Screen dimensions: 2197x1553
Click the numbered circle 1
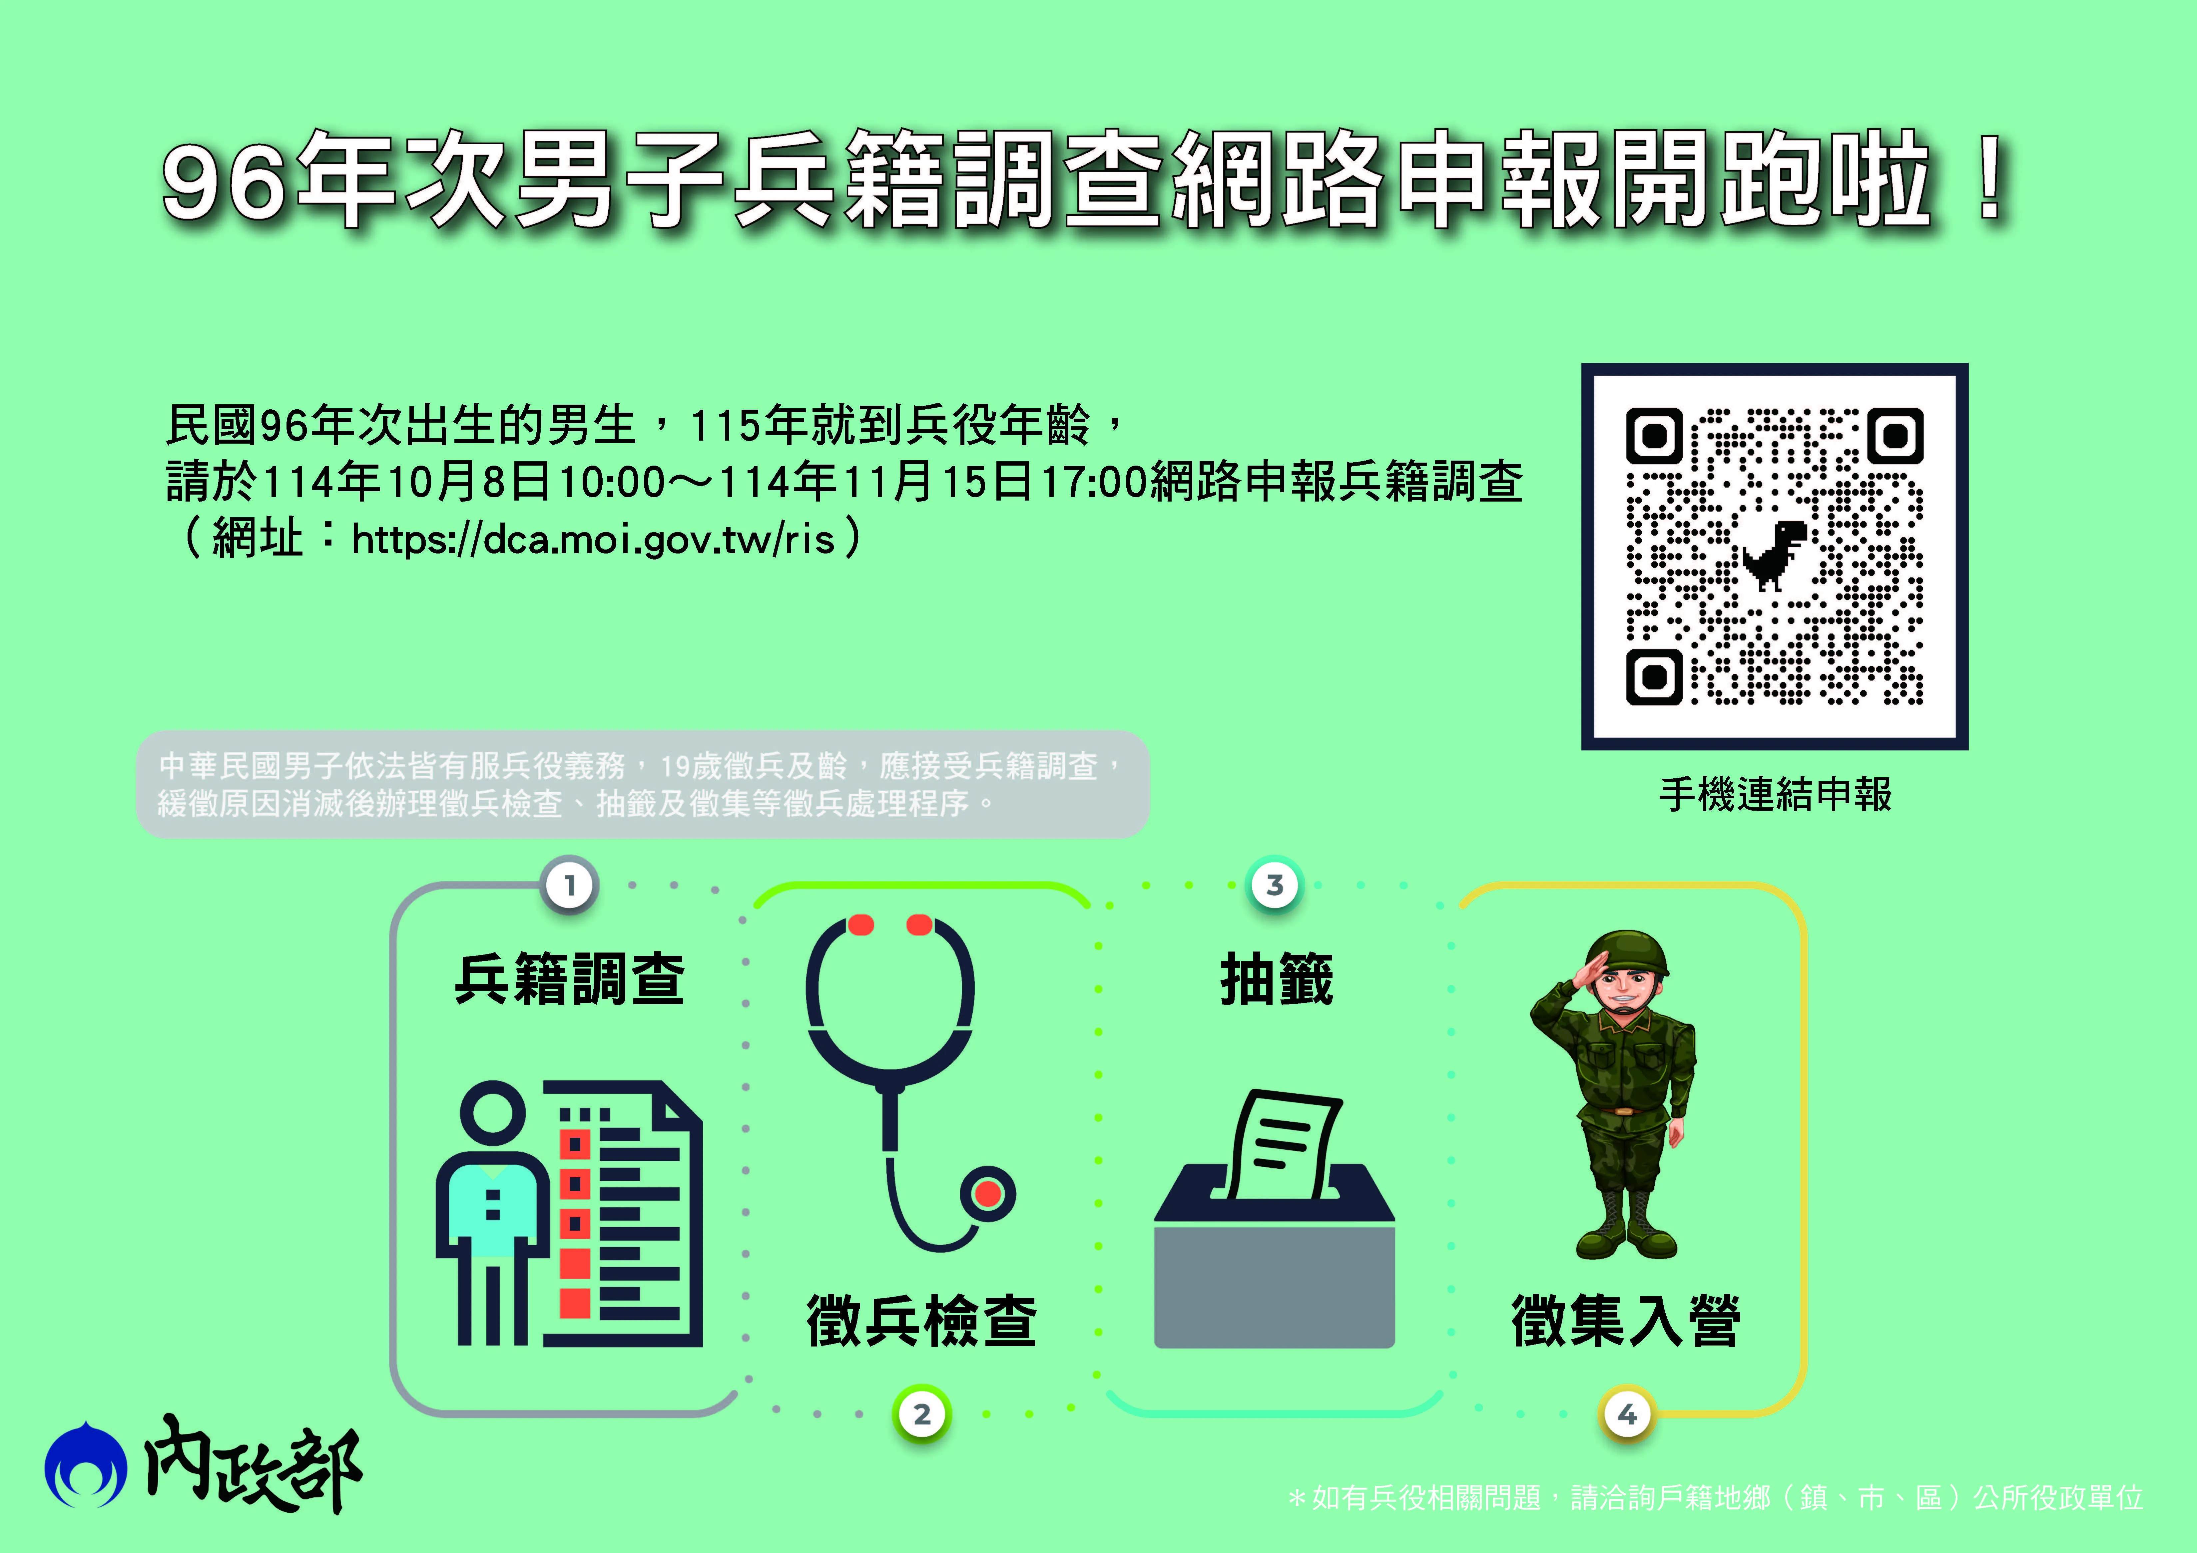570,885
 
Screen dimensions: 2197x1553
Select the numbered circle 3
1275,885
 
